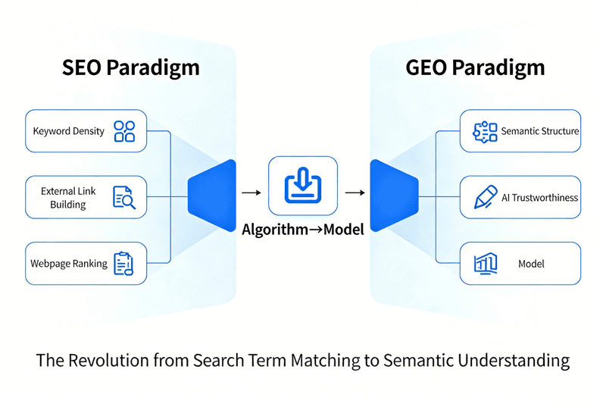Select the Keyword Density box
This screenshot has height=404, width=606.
coord(86,131)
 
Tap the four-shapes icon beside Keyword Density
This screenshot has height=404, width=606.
coord(124,131)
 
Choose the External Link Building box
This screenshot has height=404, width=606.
coord(86,197)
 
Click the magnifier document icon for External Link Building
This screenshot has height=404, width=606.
coord(123,198)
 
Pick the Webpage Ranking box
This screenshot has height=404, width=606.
coord(86,264)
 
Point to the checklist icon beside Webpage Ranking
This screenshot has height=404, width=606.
coord(123,264)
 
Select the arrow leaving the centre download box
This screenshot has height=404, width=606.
coord(354,193)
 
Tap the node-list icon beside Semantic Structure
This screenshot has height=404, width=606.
coord(484,131)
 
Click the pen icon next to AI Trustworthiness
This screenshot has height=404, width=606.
coord(484,198)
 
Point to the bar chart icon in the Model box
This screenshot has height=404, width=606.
coord(485,264)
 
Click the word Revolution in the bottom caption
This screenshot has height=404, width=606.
coord(110,361)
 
